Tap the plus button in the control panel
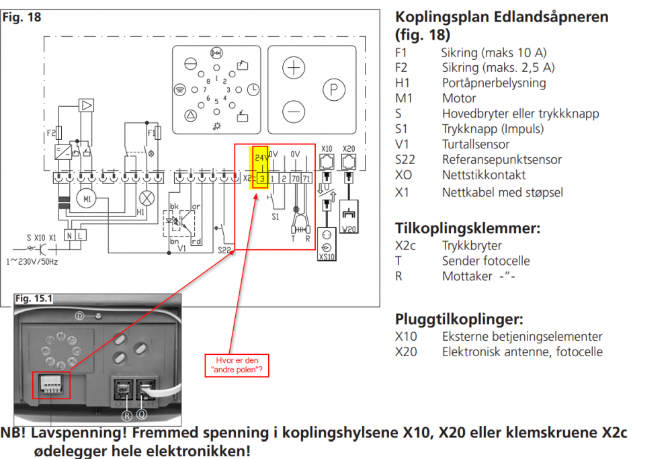[x=293, y=69]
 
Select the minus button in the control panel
[x=293, y=110]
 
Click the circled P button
[x=334, y=89]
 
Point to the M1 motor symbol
[x=86, y=200]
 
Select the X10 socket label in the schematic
[x=327, y=149]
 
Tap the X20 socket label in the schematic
[x=348, y=149]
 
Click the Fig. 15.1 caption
[x=36, y=297]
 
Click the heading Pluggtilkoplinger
[x=459, y=319]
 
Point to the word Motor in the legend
[x=459, y=98]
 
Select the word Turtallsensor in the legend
[x=475, y=144]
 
